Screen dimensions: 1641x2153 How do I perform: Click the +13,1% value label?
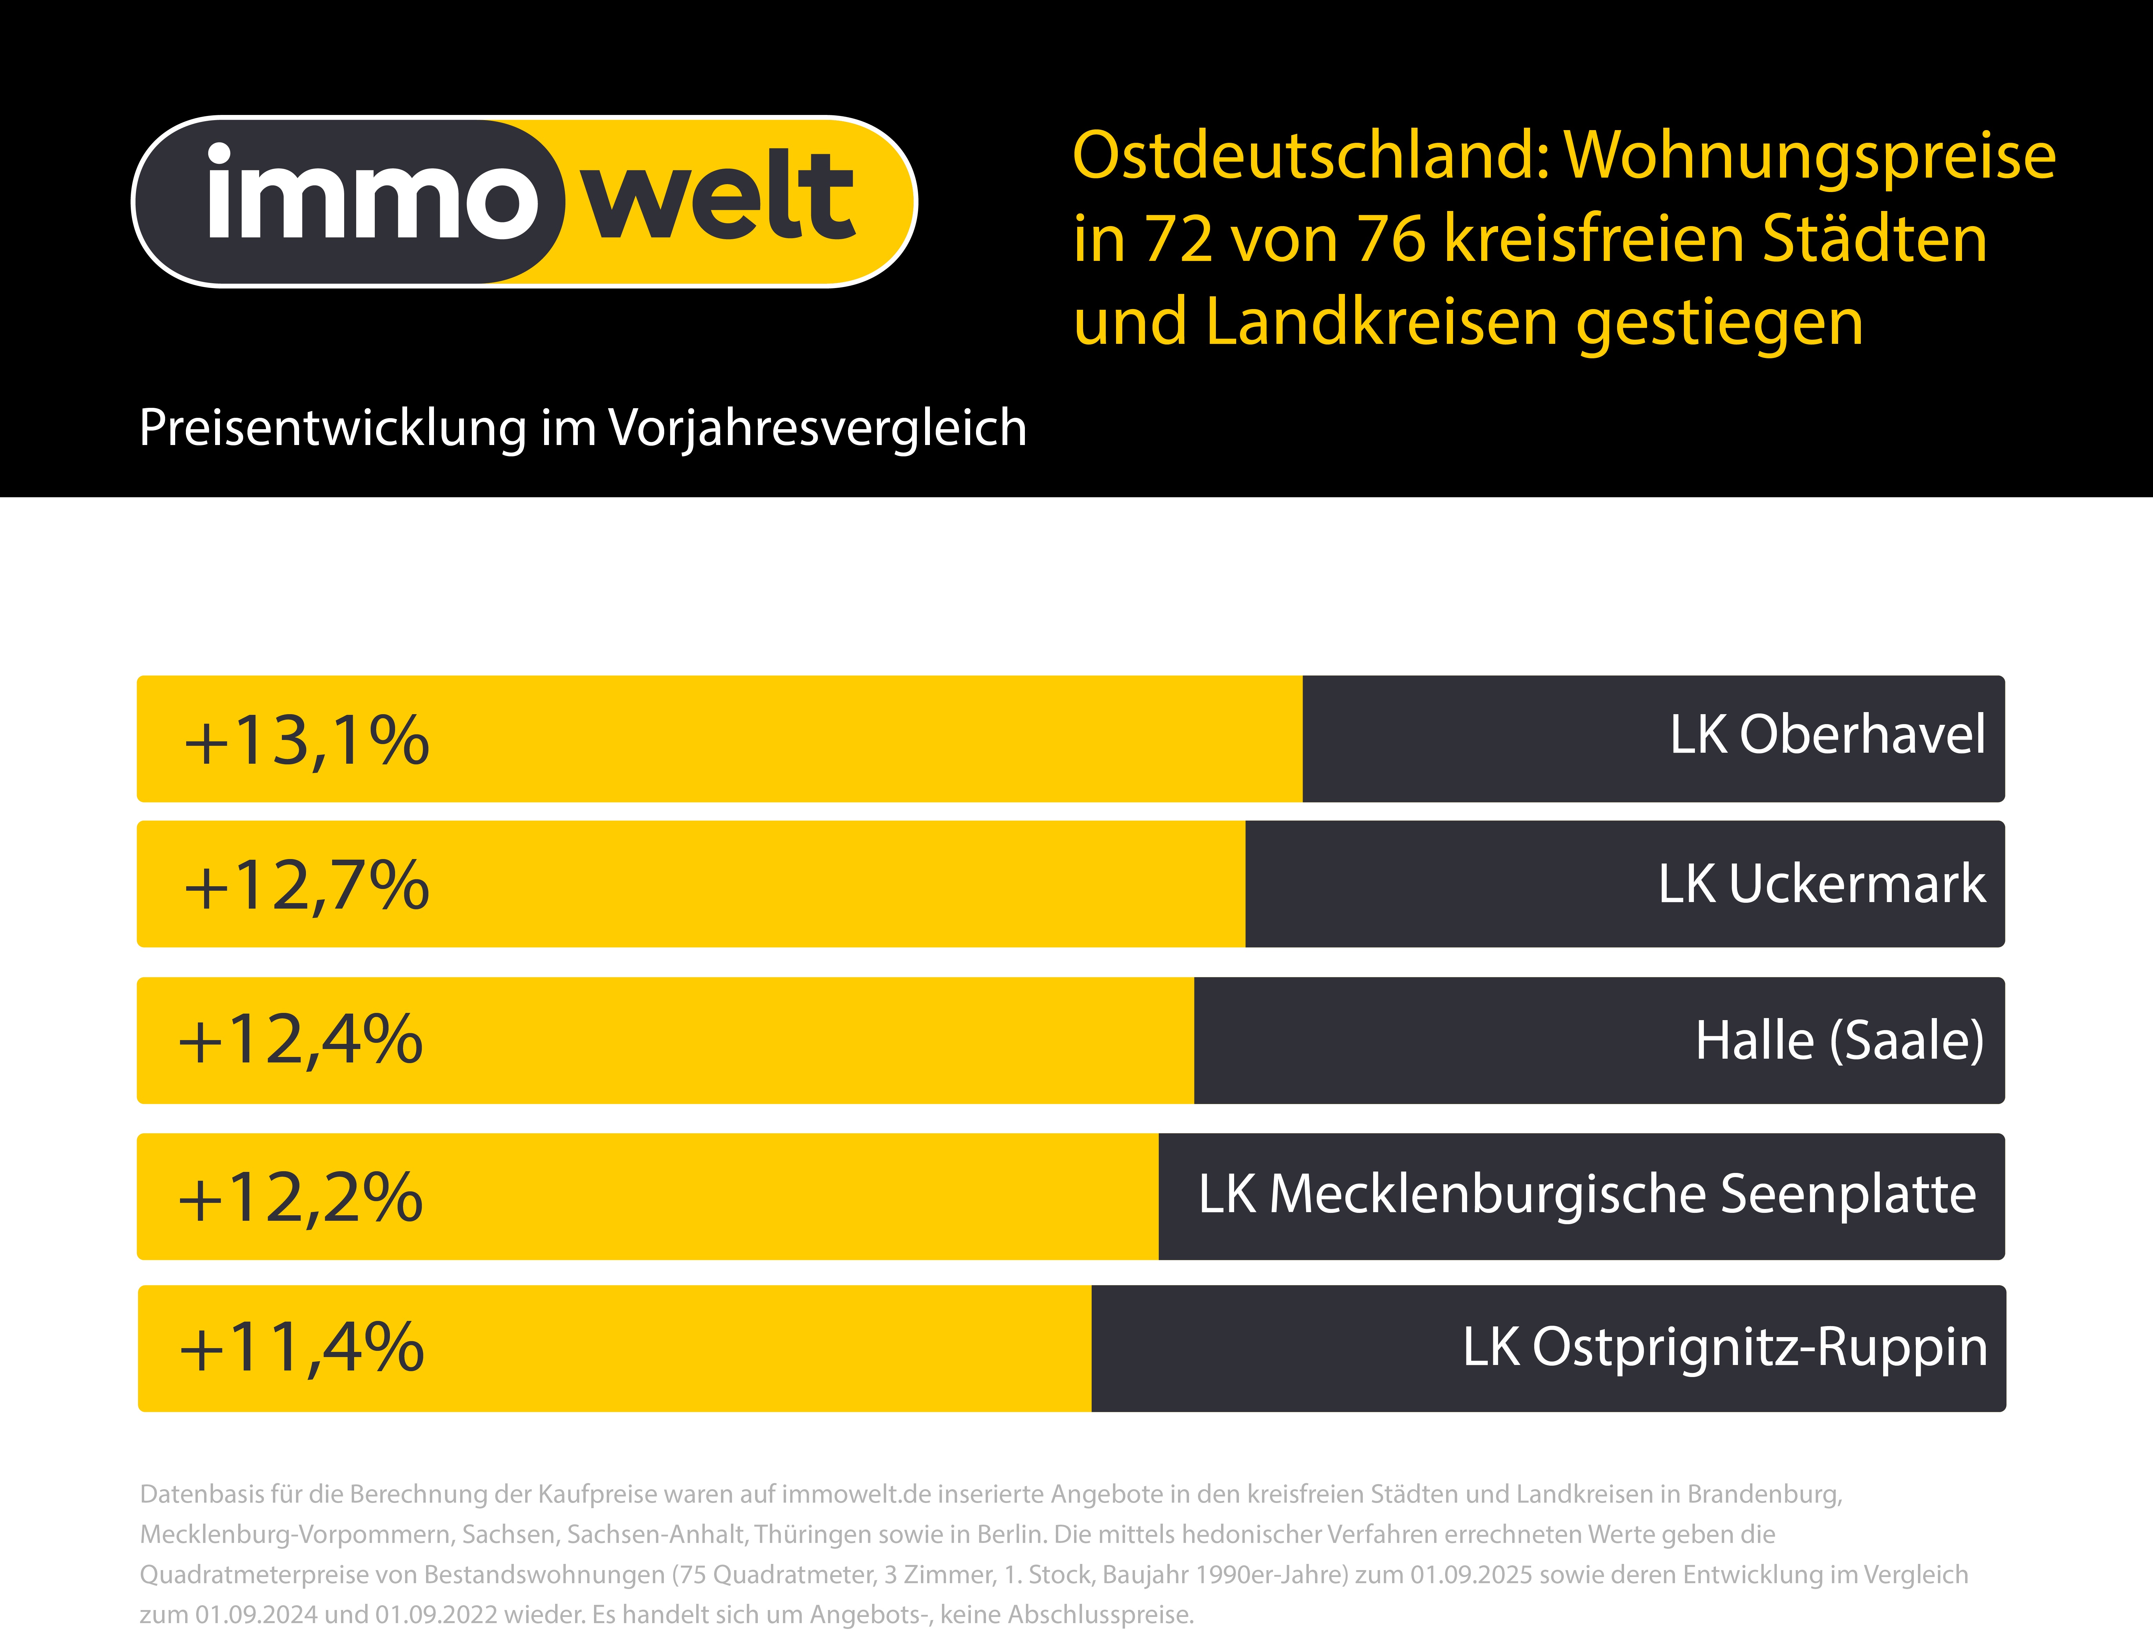(x=306, y=740)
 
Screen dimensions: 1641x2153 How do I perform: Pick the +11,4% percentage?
(x=301, y=1348)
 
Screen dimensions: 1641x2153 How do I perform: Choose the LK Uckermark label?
(x=1821, y=884)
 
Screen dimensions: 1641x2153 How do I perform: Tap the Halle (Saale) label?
(x=1839, y=1040)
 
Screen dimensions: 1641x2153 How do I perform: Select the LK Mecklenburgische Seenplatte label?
(x=1588, y=1195)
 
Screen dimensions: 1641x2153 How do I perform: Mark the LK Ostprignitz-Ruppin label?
(x=1724, y=1347)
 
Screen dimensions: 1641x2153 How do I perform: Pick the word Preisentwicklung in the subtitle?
(x=332, y=428)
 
